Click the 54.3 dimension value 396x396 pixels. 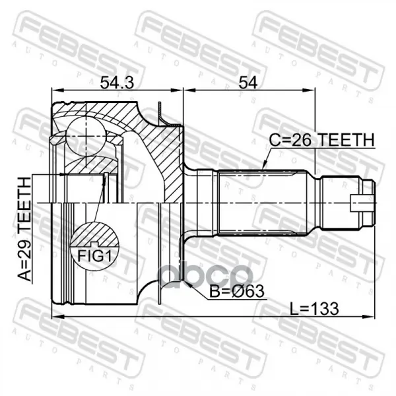(x=117, y=83)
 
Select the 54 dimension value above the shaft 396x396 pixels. (x=248, y=83)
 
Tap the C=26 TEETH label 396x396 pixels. (x=322, y=140)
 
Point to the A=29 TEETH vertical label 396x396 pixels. (x=24, y=229)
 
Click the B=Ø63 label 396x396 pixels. (x=237, y=292)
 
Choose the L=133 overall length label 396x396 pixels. (x=314, y=309)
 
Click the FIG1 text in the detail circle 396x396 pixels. (x=94, y=256)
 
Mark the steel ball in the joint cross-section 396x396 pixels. (x=86, y=137)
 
